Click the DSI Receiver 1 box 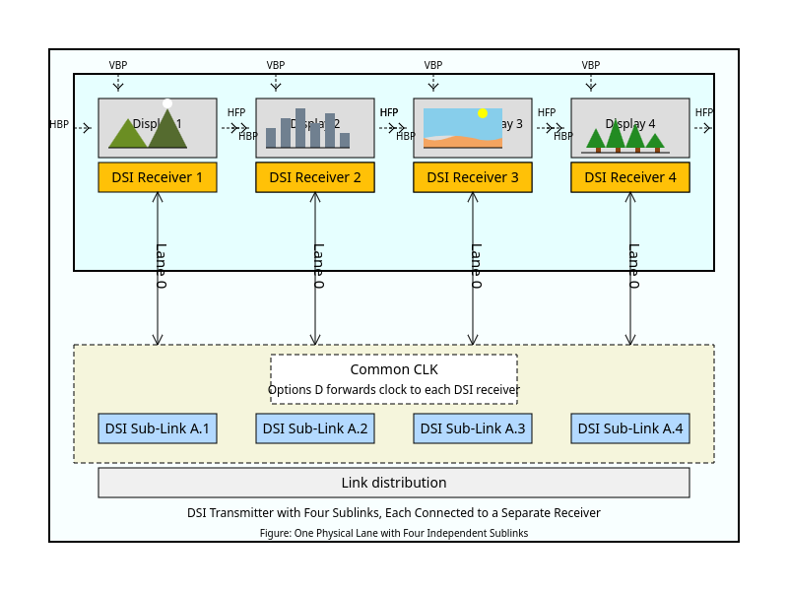[x=158, y=177]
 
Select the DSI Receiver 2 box [x=315, y=177]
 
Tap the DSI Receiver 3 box [x=473, y=177]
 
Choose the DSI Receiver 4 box [x=630, y=177]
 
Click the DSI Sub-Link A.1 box [x=158, y=428]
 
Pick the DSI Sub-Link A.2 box [x=315, y=428]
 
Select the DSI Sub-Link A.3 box [x=473, y=428]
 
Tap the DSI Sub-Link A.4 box [x=630, y=428]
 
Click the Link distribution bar [x=394, y=483]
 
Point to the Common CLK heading [x=394, y=369]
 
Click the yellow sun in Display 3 [x=483, y=113]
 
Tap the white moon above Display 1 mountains [x=167, y=103]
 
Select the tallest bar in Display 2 [x=300, y=128]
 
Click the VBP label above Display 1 [x=118, y=65]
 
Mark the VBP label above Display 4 [x=591, y=65]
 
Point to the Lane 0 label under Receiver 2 [x=318, y=266]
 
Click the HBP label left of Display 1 [x=59, y=125]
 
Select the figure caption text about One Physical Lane [x=394, y=533]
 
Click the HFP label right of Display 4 [x=703, y=112]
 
